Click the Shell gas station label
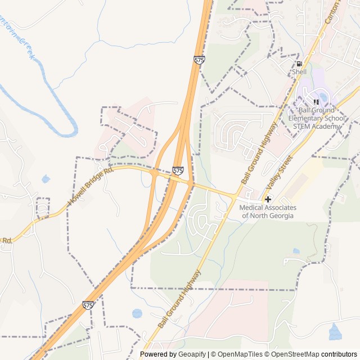[299, 72]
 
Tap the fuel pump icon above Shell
[299, 64]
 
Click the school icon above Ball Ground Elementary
[316, 102]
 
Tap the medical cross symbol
[268, 199]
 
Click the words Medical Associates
[268, 208]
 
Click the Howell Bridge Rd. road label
[90, 186]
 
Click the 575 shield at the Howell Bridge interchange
[178, 170]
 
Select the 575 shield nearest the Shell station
[199, 60]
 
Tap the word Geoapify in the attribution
[193, 354]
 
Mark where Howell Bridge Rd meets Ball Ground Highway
[235, 196]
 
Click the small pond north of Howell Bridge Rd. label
[46, 179]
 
